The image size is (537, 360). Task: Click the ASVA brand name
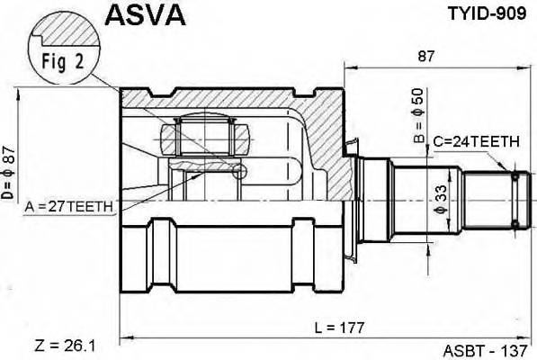coord(146,15)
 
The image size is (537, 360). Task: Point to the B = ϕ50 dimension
coord(417,118)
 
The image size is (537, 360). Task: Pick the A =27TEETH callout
coord(70,207)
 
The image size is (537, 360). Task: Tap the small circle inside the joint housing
coord(238,171)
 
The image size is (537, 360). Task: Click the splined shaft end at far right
coord(514,200)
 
